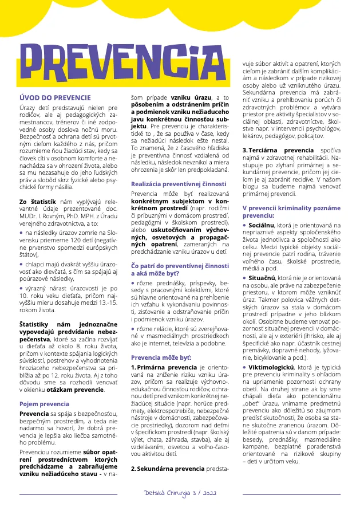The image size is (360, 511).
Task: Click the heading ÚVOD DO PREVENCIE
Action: tap(55, 98)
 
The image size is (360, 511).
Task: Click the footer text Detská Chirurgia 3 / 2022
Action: tap(180, 493)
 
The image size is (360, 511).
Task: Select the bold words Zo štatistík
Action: tap(37, 202)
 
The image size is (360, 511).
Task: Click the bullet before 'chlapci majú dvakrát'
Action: tap(22, 263)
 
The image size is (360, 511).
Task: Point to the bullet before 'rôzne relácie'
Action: tap(133, 329)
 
